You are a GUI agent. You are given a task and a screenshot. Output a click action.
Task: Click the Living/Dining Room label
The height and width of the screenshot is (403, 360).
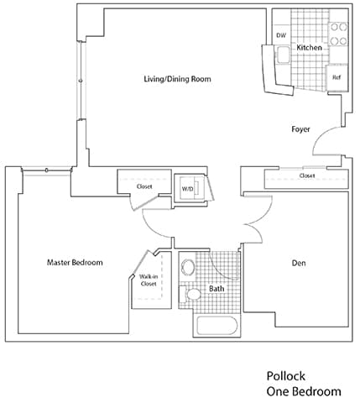177,79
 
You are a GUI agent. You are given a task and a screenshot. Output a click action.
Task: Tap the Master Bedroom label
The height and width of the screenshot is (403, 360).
75,263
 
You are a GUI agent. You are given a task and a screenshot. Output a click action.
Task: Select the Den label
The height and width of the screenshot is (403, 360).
299,263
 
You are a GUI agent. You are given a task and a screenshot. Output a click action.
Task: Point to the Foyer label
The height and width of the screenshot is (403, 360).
300,129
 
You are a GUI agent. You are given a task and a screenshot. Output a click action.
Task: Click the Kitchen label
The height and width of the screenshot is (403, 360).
309,48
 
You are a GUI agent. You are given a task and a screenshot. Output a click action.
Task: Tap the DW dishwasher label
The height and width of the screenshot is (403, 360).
281,35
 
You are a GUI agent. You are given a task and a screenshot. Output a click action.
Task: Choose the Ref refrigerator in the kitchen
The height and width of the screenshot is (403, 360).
337,77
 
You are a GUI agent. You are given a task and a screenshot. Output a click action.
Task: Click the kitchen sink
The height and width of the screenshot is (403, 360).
283,55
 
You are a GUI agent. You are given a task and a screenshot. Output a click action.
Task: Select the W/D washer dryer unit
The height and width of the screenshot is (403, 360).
190,188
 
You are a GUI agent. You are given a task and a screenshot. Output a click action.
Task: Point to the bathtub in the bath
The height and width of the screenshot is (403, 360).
217,326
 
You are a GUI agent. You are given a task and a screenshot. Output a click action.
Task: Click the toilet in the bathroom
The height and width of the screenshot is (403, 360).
190,295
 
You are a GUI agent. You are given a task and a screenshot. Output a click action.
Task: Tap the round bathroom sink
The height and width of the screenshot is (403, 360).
188,267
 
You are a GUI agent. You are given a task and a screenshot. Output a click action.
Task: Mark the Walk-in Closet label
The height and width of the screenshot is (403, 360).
149,280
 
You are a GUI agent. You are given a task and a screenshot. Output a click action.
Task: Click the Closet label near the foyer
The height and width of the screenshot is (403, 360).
307,175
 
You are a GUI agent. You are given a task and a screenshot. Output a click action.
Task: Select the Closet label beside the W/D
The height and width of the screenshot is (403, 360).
144,186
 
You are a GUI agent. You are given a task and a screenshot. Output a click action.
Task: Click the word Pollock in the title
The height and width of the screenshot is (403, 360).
286,376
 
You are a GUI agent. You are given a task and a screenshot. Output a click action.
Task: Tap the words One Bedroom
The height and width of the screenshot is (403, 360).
304,391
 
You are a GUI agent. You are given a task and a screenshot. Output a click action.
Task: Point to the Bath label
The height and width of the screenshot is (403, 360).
217,289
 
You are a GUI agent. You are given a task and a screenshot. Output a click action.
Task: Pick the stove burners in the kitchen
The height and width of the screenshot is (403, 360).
339,34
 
